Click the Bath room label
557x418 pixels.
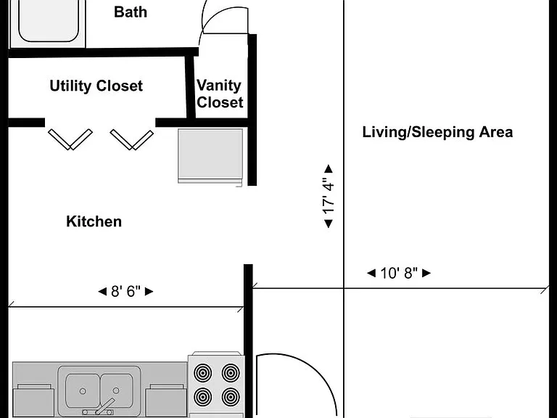[131, 12]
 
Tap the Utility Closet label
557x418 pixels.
[96, 86]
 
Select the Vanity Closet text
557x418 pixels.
[220, 94]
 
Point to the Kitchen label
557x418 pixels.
[94, 221]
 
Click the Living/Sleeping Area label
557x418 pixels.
[437, 132]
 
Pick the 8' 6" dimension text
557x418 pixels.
[125, 292]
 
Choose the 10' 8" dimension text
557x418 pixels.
[399, 273]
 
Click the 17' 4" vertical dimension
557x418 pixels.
[329, 196]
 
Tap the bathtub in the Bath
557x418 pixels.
[49, 21]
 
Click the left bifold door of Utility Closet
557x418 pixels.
[70, 139]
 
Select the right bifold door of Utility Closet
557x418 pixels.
[132, 139]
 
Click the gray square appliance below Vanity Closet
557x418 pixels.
[210, 156]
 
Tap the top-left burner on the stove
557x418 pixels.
[203, 373]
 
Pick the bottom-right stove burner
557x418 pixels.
[230, 397]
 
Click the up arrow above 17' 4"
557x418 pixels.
[329, 168]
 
